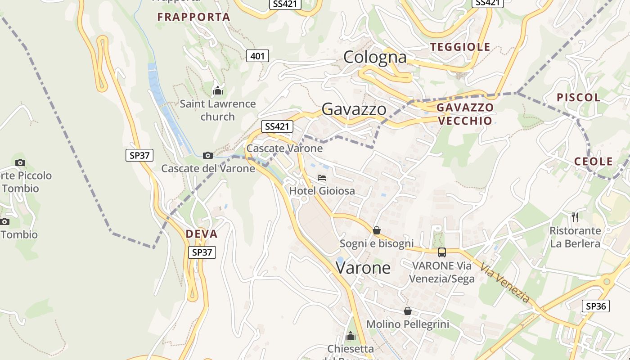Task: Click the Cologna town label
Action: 375,57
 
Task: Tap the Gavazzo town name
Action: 354,109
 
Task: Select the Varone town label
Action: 363,268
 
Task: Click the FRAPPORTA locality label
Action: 193,17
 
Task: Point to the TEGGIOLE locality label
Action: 460,47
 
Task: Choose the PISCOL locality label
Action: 578,97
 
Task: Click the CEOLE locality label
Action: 594,161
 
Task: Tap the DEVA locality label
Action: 202,234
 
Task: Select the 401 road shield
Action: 257,56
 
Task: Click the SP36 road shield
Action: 596,306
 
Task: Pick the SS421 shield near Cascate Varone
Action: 277,126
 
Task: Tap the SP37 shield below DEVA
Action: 202,252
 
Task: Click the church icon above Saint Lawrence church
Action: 218,90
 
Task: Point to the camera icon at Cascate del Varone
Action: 207,156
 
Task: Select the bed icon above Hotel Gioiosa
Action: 322,178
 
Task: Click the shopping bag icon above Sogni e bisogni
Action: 377,230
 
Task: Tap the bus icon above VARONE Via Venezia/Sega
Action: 442,252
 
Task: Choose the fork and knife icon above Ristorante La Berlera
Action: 575,217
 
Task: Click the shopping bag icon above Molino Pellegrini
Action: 407,311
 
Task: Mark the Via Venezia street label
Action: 504,283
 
